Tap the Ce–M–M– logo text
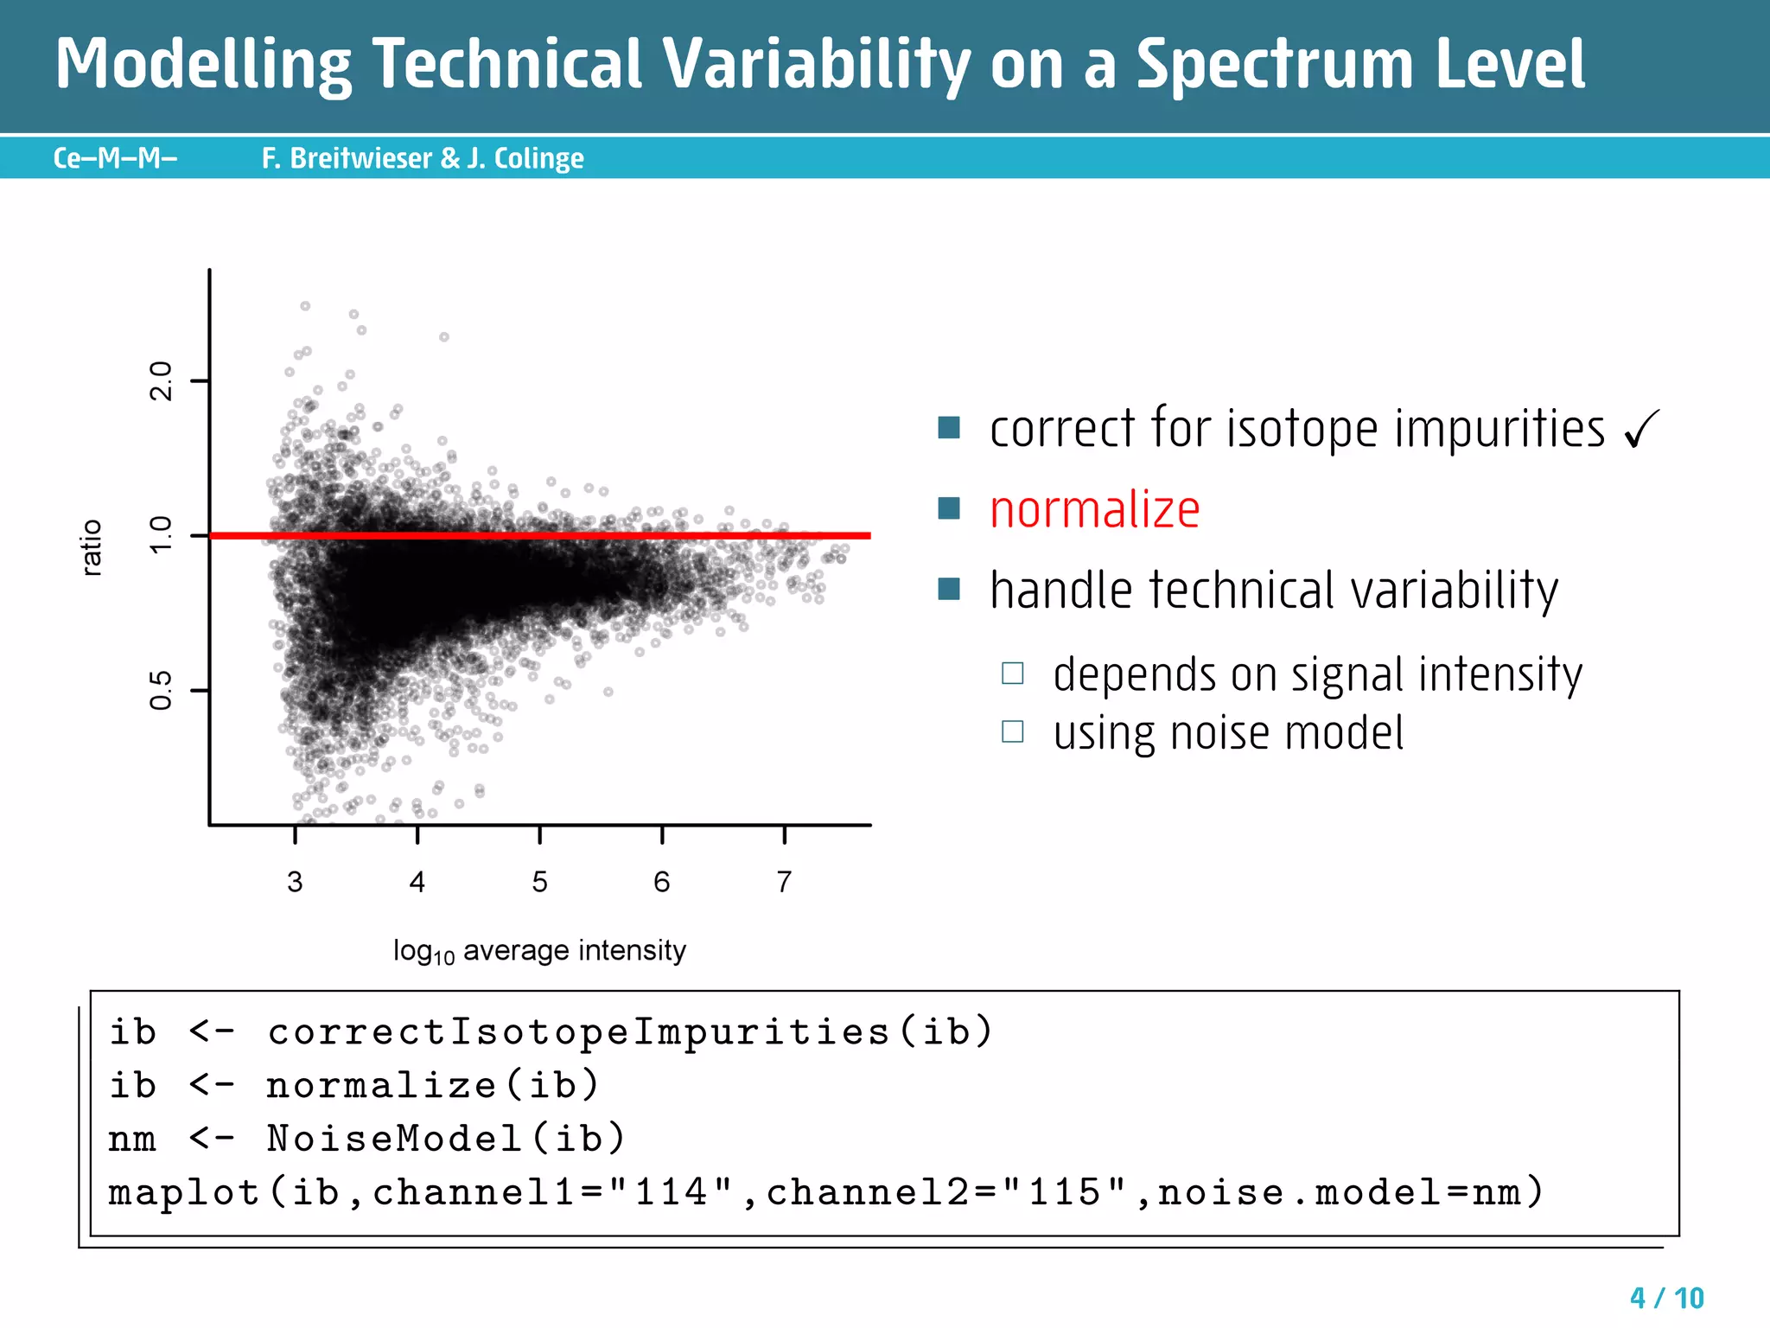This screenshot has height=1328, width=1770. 115,158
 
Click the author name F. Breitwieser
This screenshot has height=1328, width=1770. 347,158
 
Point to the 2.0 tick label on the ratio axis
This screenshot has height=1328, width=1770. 162,381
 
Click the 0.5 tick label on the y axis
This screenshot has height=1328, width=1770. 162,690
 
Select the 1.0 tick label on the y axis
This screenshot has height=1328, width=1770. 162,535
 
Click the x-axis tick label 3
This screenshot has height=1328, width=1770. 295,882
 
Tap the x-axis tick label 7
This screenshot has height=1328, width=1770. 784,882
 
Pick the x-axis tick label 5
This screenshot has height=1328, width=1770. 539,882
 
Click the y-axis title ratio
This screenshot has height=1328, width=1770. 92,548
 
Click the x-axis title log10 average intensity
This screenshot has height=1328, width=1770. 539,951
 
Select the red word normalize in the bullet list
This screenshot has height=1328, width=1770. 1094,510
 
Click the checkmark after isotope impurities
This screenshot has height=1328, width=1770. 1641,430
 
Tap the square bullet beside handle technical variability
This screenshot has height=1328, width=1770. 949,589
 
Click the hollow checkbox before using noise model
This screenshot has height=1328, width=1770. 1012,732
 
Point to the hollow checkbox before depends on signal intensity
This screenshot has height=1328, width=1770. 1012,673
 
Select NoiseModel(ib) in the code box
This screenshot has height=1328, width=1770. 445,1139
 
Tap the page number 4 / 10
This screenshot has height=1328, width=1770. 1666,1298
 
